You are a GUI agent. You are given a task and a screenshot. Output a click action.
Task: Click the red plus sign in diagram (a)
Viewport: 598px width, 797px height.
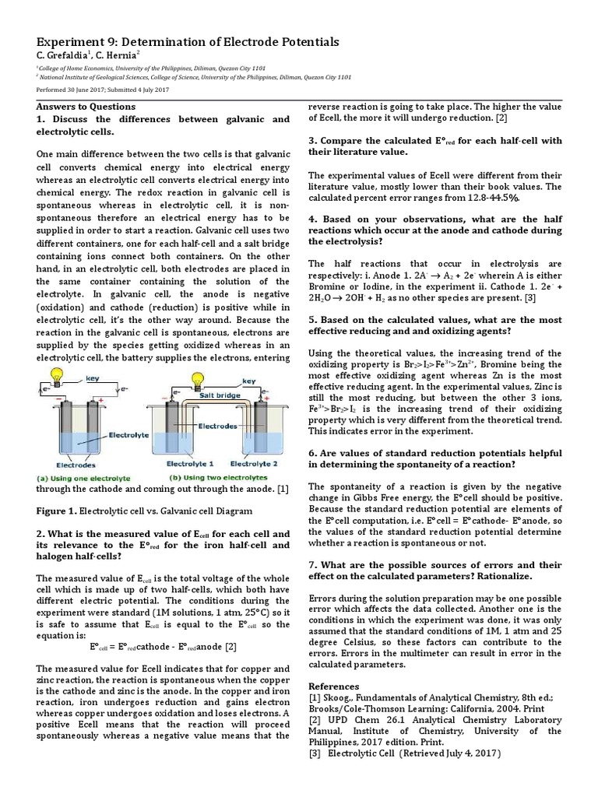click(x=100, y=399)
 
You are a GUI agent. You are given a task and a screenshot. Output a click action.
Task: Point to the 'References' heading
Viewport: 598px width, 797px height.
click(x=334, y=686)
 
